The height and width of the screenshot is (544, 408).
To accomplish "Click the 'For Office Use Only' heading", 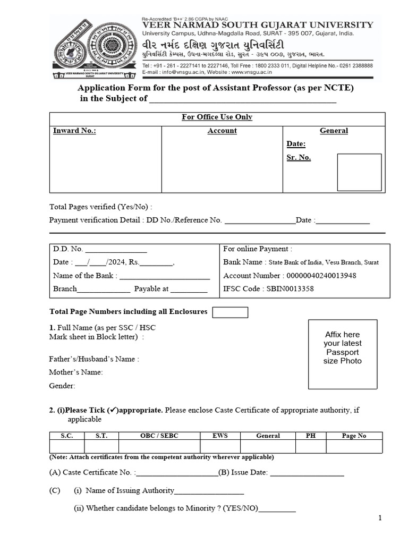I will (217, 117).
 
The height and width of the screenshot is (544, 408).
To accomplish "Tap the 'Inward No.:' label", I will (74, 131).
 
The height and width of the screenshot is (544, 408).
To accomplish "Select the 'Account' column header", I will (222, 131).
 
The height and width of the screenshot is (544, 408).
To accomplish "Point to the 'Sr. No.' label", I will (299, 157).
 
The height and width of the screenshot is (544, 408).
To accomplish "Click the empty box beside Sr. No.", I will (360, 172).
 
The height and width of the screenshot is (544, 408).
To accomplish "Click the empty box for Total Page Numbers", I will (230, 312).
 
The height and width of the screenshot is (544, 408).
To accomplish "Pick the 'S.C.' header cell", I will (66, 436).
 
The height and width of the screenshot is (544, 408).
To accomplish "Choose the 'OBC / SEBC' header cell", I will (159, 436).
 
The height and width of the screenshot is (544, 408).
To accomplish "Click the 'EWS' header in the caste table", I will (220, 436).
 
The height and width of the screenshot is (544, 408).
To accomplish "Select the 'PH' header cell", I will (311, 436).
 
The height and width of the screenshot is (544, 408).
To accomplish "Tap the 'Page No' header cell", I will (354, 436).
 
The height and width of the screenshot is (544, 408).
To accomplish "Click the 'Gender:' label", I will (62, 386).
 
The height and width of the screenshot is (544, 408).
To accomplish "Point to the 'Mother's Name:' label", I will (76, 372).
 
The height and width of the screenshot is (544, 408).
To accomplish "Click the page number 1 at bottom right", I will (380, 518).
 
